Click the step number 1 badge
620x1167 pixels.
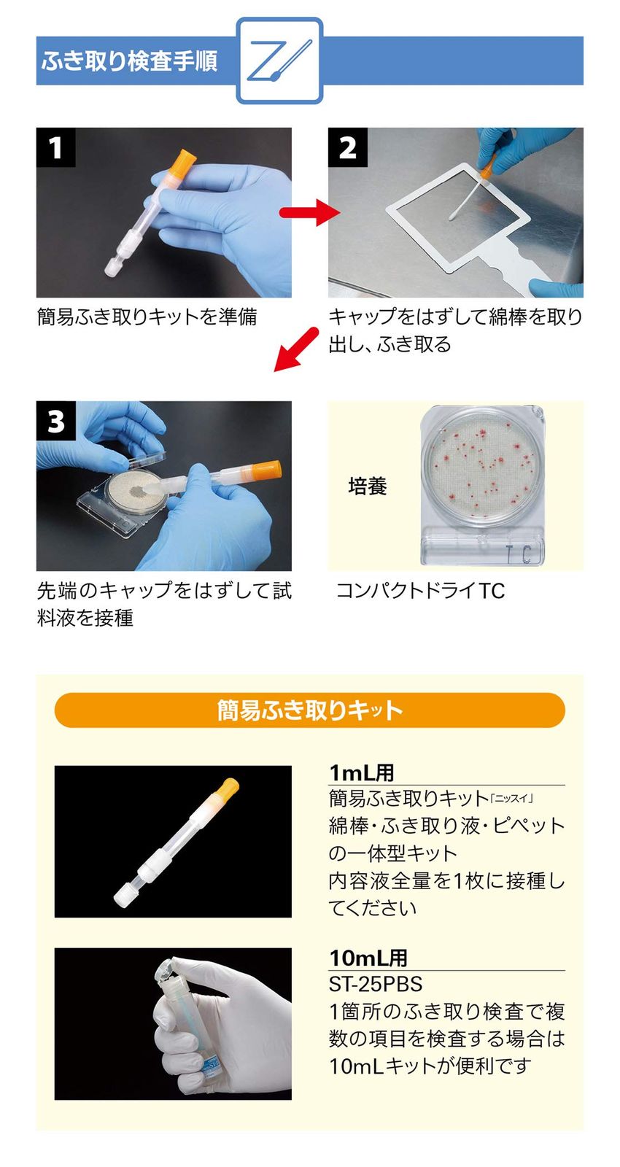click(55, 147)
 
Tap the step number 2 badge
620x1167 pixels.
click(347, 147)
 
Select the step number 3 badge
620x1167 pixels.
click(55, 421)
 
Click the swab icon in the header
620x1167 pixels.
click(279, 61)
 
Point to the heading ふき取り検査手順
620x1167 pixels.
click(129, 61)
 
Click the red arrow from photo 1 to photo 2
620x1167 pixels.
click(310, 212)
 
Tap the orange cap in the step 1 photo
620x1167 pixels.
click(184, 163)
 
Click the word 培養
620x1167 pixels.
click(367, 486)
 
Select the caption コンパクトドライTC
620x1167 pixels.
click(420, 591)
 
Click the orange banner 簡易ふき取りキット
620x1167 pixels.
click(309, 710)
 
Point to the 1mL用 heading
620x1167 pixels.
click(362, 772)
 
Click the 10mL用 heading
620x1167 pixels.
click(368, 958)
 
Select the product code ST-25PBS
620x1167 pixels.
click(376, 984)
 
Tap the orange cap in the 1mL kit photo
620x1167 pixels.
click(227, 789)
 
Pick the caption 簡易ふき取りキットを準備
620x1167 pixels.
click(147, 317)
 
